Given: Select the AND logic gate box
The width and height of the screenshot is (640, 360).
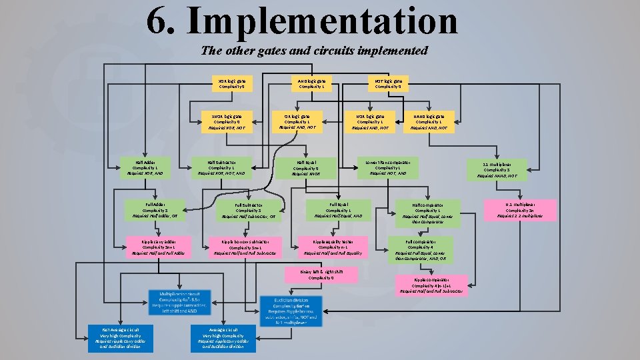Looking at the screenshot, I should (x=312, y=83).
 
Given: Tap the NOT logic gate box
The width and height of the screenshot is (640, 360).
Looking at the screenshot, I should (x=388, y=83).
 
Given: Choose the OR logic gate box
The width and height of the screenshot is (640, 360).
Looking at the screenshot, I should (x=301, y=122).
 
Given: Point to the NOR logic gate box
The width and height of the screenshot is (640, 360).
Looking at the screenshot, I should (x=369, y=122).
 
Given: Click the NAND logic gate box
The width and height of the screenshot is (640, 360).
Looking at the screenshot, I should (x=434, y=122).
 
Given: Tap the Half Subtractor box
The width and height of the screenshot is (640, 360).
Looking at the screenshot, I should (x=221, y=167).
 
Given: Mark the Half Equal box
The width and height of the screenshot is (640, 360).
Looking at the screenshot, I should (x=306, y=167).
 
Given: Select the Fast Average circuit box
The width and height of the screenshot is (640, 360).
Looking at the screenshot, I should (x=121, y=338).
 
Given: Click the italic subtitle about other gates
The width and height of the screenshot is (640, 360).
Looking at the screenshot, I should (x=314, y=51).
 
